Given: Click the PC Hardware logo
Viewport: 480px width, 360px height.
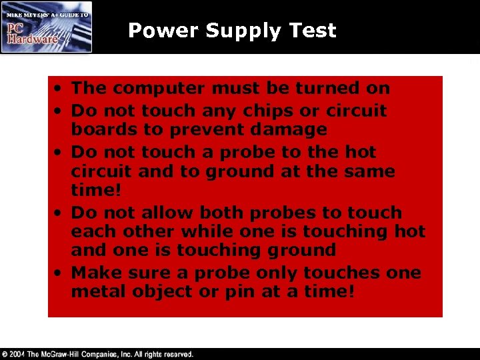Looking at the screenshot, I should click(x=47, y=27).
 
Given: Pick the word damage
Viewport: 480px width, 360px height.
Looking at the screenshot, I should click(x=293, y=129).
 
